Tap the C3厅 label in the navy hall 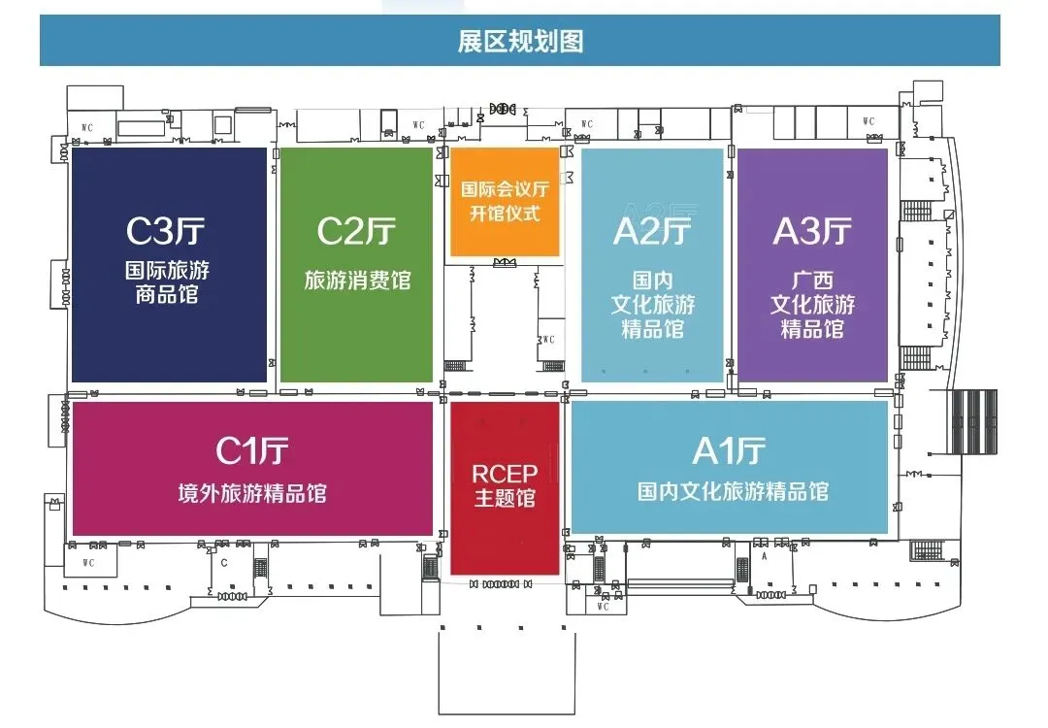[166, 231]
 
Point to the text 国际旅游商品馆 [167, 281]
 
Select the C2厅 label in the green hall [356, 231]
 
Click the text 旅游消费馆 [357, 281]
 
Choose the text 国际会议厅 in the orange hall [505, 188]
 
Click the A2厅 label [652, 231]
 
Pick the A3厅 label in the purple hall [812, 231]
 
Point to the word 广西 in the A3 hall [812, 280]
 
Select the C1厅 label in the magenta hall [252, 450]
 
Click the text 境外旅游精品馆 [252, 493]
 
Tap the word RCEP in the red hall [505, 474]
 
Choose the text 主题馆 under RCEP [505, 499]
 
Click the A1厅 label [729, 450]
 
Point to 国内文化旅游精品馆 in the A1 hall [733, 491]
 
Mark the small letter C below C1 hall [224, 562]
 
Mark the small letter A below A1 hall [765, 557]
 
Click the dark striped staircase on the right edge [973, 422]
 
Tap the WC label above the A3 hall [868, 121]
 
